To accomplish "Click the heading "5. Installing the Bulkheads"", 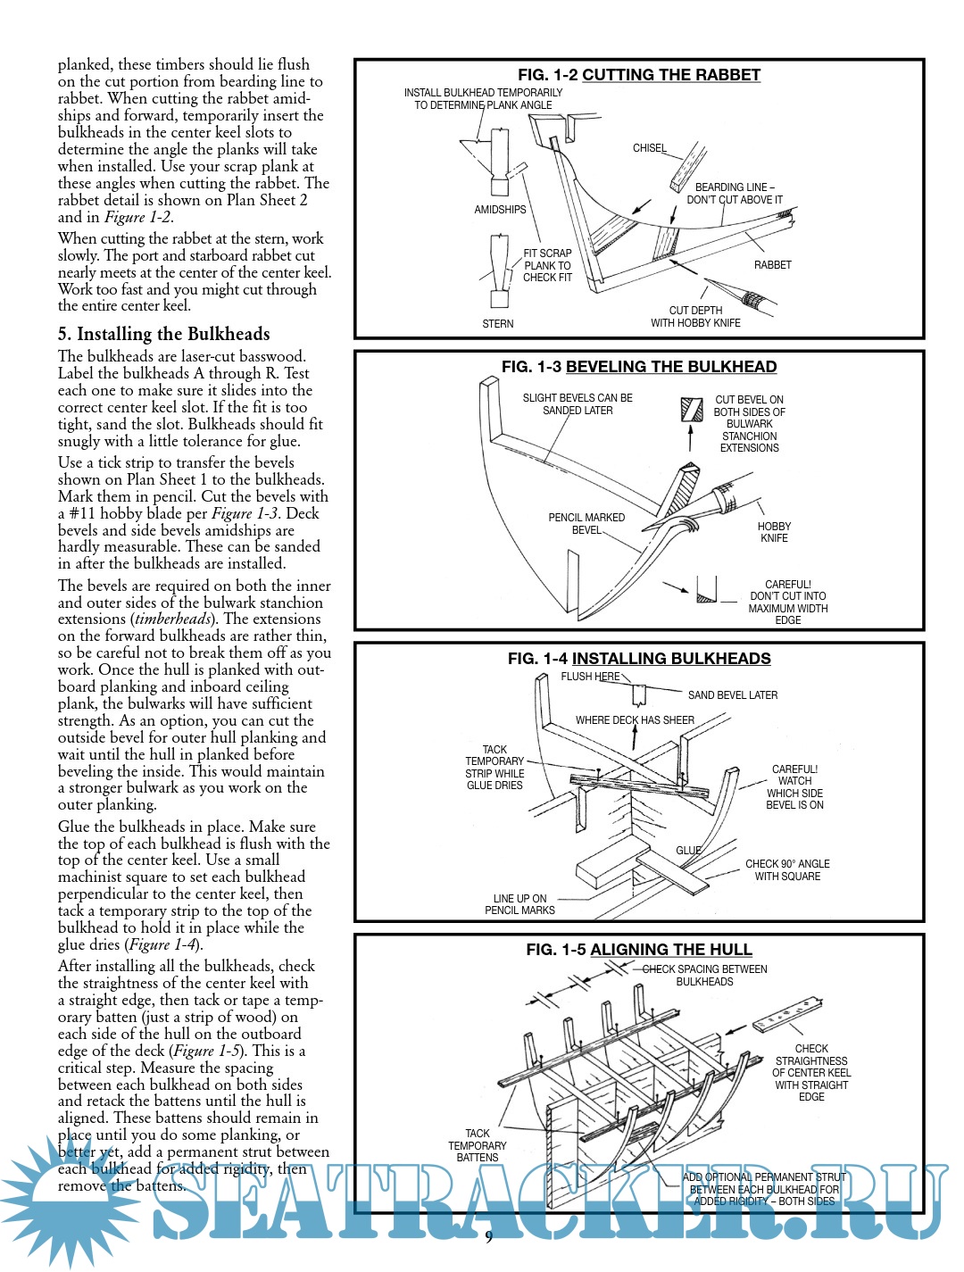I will click(x=163, y=334).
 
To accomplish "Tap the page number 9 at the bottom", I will click(x=488, y=1236).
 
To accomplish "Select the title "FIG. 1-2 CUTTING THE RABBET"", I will click(x=639, y=75).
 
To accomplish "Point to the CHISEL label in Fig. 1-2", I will click(x=649, y=148).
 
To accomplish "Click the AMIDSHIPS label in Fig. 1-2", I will click(x=500, y=210).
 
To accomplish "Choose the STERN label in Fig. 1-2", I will click(x=497, y=324).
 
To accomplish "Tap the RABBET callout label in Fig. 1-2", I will click(x=772, y=265).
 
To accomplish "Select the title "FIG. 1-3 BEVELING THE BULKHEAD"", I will click(x=639, y=367).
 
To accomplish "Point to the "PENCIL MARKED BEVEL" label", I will click(x=586, y=524).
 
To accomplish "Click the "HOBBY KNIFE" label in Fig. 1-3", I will click(x=774, y=533).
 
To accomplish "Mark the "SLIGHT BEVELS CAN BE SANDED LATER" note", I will click(x=578, y=404).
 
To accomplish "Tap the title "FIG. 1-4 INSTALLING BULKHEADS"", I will click(x=639, y=659).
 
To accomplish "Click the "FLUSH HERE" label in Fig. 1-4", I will click(x=590, y=677).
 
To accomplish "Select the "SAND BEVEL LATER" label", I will click(x=732, y=695).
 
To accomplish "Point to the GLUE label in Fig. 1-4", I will click(x=688, y=851).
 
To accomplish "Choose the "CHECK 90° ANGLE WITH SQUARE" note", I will click(x=787, y=870).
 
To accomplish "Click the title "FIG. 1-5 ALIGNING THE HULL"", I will click(x=639, y=950).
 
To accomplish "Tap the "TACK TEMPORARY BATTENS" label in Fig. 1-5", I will click(x=478, y=1145).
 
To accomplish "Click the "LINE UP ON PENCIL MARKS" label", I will click(x=519, y=904).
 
